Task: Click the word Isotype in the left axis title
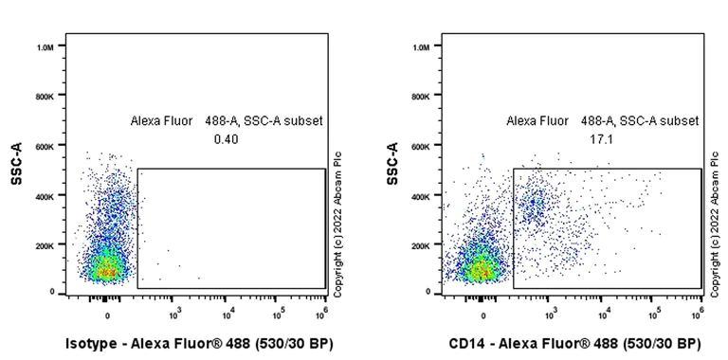[92, 342]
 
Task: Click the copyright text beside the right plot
[712, 224]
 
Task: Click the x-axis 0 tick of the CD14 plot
[483, 315]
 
